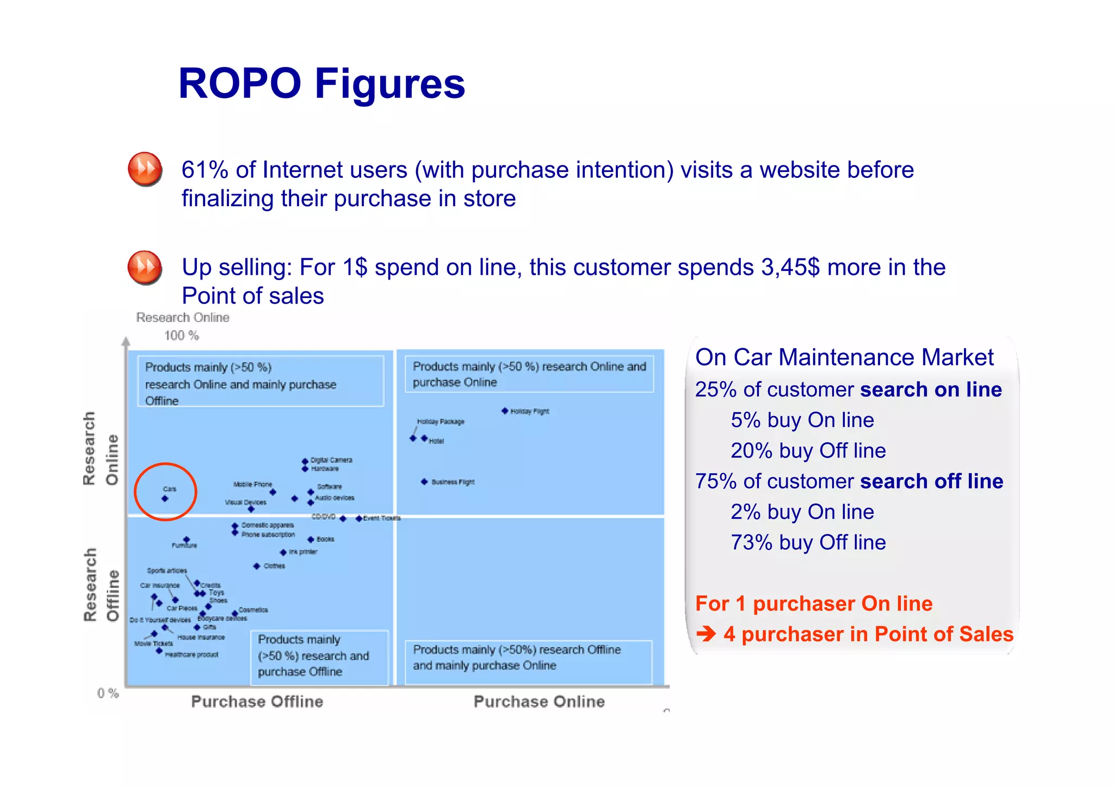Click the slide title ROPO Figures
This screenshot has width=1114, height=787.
coord(321,84)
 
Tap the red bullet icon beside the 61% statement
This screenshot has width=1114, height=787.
coord(145,169)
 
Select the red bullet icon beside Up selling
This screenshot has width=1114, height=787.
coord(145,268)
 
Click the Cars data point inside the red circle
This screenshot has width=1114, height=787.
coord(165,499)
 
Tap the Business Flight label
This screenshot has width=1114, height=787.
coord(453,482)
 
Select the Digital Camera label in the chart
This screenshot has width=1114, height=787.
coord(331,460)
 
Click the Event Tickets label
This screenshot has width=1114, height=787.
coord(382,518)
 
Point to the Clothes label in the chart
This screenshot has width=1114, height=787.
coord(274,566)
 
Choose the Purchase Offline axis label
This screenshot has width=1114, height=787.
coord(257,702)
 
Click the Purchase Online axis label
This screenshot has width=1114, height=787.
coord(539,702)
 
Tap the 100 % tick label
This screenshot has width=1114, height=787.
coord(182,336)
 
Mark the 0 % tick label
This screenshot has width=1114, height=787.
coord(108,693)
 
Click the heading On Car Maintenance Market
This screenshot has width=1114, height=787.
coord(844,357)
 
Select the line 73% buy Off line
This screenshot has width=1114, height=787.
coord(808,542)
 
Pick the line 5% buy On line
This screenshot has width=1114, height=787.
coord(802,420)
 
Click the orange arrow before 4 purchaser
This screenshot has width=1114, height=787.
coord(706,634)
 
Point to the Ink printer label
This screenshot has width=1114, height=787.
coord(302,552)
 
